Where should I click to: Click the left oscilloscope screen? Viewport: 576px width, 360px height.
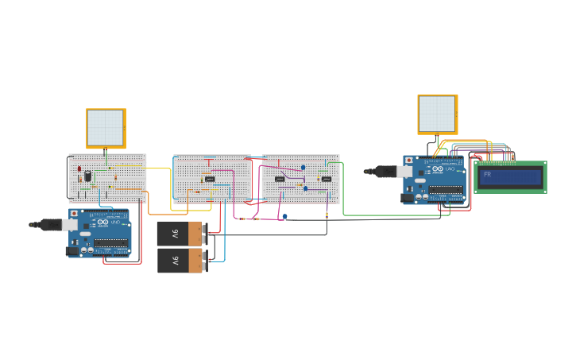click(x=106, y=128)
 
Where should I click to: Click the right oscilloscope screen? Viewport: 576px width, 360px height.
click(x=437, y=114)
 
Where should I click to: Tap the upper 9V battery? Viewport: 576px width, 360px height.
click(x=180, y=234)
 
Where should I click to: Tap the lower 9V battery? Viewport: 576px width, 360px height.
click(x=180, y=260)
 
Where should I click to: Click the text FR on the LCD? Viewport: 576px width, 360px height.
click(x=487, y=174)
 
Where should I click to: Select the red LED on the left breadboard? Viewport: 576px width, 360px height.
click(x=79, y=169)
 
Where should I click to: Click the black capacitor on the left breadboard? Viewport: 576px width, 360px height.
click(x=87, y=176)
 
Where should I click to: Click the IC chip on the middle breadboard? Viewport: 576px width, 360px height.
click(x=210, y=179)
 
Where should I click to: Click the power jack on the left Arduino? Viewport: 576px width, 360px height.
click(x=72, y=250)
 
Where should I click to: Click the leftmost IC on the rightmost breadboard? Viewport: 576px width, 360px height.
click(x=280, y=179)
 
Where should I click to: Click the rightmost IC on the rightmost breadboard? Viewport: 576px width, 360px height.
click(x=326, y=179)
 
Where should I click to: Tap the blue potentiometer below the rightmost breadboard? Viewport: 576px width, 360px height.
click(x=284, y=215)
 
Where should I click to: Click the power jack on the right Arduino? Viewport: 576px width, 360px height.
click(x=407, y=197)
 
